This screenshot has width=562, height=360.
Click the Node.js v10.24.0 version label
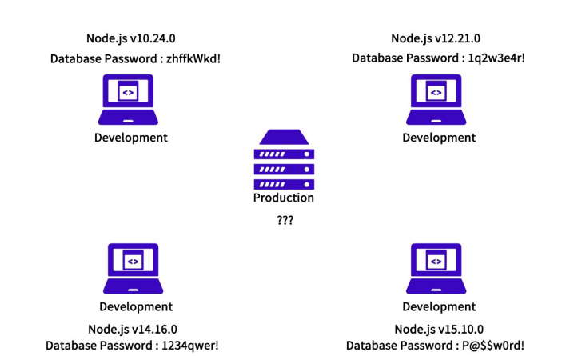(x=131, y=38)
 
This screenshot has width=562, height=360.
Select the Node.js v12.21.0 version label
(x=436, y=38)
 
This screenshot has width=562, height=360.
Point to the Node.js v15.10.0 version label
(x=439, y=329)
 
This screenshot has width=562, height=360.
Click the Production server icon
(x=284, y=159)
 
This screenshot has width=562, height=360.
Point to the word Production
(x=284, y=198)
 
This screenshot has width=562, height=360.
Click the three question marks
(x=284, y=218)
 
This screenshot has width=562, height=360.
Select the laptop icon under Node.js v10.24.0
(x=128, y=99)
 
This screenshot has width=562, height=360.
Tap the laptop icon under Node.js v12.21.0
(x=436, y=99)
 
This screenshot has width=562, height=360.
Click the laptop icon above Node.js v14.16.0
(x=133, y=268)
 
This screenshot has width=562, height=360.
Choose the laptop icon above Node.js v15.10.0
(x=439, y=268)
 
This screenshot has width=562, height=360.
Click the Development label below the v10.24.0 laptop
(x=131, y=138)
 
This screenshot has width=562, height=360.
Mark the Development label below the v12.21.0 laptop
(x=439, y=138)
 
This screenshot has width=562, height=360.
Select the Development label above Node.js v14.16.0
(x=136, y=306)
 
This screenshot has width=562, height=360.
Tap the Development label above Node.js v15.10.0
(x=439, y=306)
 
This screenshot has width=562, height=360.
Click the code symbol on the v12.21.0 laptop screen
(x=436, y=93)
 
